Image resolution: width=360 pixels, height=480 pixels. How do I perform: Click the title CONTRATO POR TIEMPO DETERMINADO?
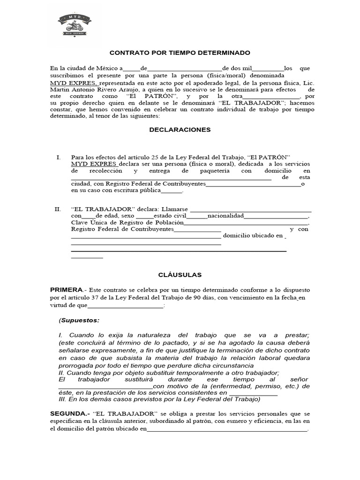click(180, 53)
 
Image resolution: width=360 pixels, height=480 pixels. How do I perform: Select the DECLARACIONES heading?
click(180, 129)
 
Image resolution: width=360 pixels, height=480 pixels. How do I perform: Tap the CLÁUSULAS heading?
click(180, 275)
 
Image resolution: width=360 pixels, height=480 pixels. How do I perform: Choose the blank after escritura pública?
click(171, 192)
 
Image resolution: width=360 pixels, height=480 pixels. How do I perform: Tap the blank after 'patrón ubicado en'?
click(227, 432)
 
